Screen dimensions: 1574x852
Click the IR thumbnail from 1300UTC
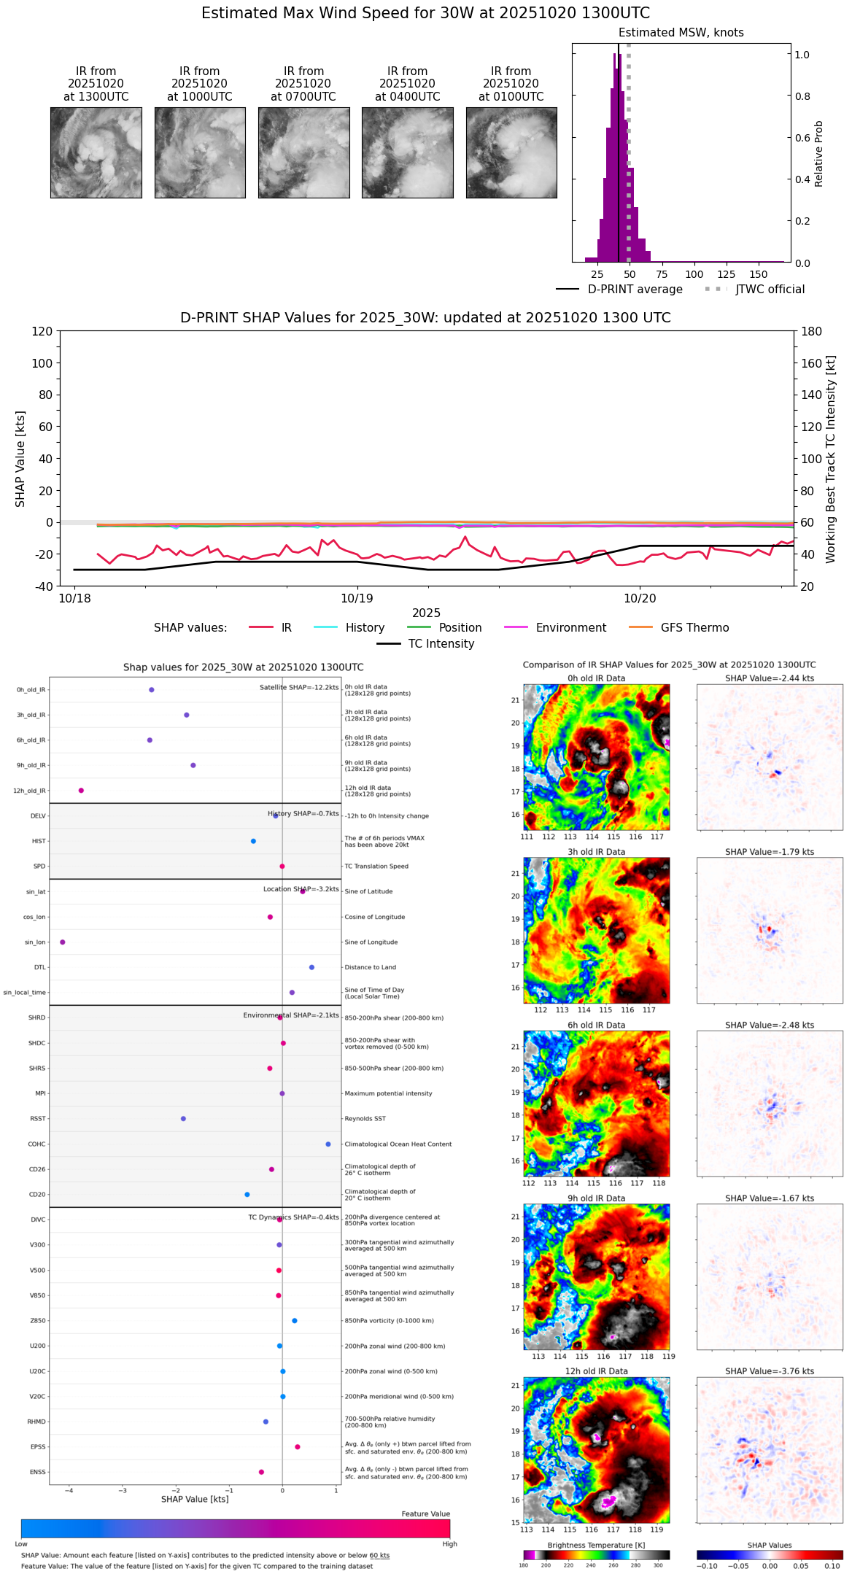[x=96, y=152]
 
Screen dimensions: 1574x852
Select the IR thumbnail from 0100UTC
[x=511, y=152]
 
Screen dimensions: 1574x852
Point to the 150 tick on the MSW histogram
[x=759, y=274]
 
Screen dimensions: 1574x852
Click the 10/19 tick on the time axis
[x=357, y=598]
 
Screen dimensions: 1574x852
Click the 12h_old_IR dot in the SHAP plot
[x=81, y=791]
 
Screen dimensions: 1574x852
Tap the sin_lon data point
[x=62, y=942]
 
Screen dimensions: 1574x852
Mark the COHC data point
[x=328, y=1144]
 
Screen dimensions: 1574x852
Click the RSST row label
[x=38, y=1119]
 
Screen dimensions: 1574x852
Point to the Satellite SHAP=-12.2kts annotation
[x=299, y=688]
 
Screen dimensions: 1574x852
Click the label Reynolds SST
[x=365, y=1119]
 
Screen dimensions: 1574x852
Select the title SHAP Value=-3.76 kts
[x=770, y=1371]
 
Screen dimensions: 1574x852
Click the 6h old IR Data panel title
[x=596, y=1025]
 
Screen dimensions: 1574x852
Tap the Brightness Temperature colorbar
[x=596, y=1555]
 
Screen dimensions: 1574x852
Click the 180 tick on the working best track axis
[x=812, y=331]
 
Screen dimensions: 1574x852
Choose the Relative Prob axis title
[x=819, y=154]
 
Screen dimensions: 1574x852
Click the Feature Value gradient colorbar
[x=236, y=1529]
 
